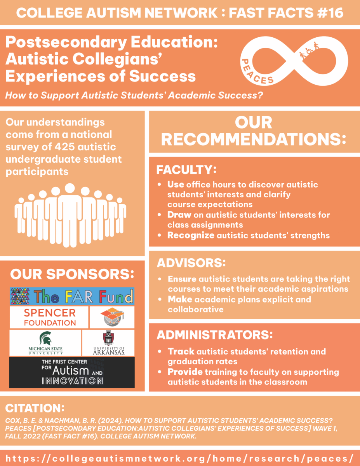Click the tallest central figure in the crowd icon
pos(70,214)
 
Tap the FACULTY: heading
pos(186,170)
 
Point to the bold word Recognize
pos(191,235)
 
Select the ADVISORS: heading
pos(191,263)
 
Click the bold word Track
pos(181,351)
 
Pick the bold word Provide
pos(185,372)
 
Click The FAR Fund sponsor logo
pos(72,296)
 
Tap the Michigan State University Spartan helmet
pos(45,337)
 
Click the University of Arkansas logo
pos(108,343)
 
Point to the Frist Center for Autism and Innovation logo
pos(72,372)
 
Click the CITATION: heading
pos(34,408)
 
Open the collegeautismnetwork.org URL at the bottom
pos(180,457)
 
